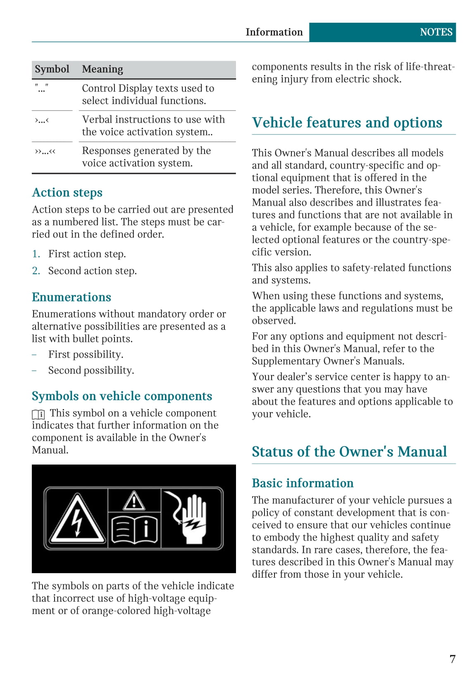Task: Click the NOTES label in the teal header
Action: click(436, 32)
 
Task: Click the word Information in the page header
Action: click(274, 32)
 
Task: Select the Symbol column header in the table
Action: click(52, 69)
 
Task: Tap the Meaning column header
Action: click(103, 69)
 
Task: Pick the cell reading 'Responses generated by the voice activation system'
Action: click(146, 157)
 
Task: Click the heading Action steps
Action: click(67, 192)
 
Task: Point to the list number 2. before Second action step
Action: click(36, 271)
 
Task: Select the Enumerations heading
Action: click(72, 297)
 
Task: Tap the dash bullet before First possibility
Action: click(35, 355)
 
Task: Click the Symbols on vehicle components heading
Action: click(122, 396)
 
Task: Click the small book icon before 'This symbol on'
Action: click(38, 414)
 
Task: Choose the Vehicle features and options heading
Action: click(347, 123)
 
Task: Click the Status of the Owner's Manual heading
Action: click(349, 452)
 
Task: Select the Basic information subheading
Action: click(303, 483)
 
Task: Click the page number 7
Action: click(453, 659)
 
